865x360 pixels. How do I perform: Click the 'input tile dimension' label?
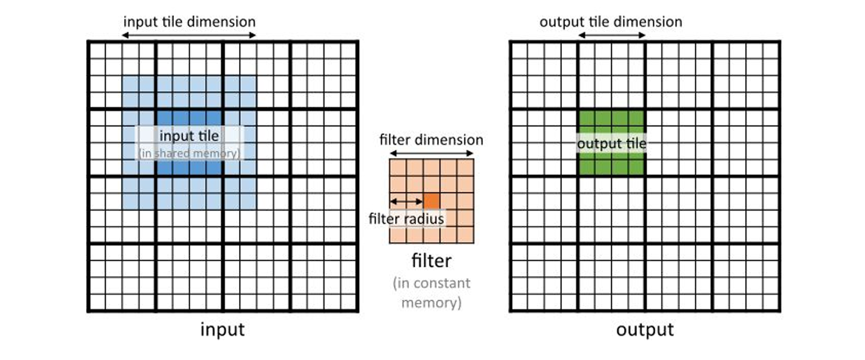[x=189, y=22]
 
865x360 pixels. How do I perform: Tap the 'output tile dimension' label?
[x=611, y=22]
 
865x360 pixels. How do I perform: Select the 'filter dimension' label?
[x=431, y=140]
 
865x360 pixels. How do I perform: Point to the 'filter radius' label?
[x=406, y=219]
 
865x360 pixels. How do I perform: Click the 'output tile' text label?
[x=611, y=144]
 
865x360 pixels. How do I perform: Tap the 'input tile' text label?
[x=189, y=136]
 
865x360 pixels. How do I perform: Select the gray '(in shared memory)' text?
[x=190, y=154]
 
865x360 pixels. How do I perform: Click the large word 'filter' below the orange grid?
[x=431, y=260]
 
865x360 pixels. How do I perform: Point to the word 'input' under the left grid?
[x=222, y=330]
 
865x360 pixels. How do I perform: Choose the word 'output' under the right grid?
[x=645, y=330]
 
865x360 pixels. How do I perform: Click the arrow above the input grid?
[x=189, y=36]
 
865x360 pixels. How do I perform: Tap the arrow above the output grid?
[x=611, y=36]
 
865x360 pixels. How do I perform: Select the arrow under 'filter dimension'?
[x=431, y=154]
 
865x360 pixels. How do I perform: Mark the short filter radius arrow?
[x=407, y=201]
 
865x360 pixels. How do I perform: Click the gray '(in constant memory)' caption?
[x=431, y=293]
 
